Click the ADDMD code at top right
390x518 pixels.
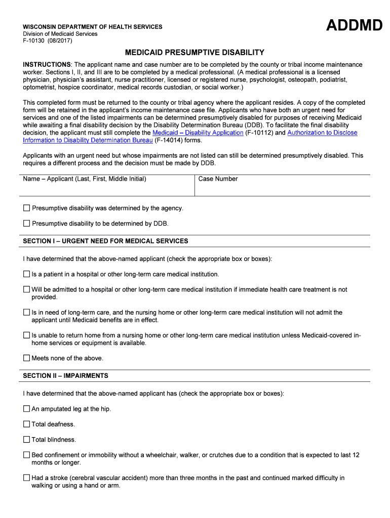point(354,25)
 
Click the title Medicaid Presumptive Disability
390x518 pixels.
point(195,53)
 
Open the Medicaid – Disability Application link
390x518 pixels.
point(198,133)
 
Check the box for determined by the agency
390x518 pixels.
point(27,208)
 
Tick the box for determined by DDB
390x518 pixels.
point(27,224)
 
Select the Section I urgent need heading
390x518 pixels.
point(105,241)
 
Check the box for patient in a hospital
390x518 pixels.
point(27,274)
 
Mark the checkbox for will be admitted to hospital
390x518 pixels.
point(27,289)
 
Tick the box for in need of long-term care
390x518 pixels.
point(27,313)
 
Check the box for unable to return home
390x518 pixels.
point(27,335)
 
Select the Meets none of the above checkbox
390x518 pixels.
point(27,358)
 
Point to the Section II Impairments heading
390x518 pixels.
point(65,376)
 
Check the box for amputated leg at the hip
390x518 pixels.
point(27,409)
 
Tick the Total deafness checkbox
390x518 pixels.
point(27,424)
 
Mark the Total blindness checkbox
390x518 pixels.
point(27,440)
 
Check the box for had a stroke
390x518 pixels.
point(27,478)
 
